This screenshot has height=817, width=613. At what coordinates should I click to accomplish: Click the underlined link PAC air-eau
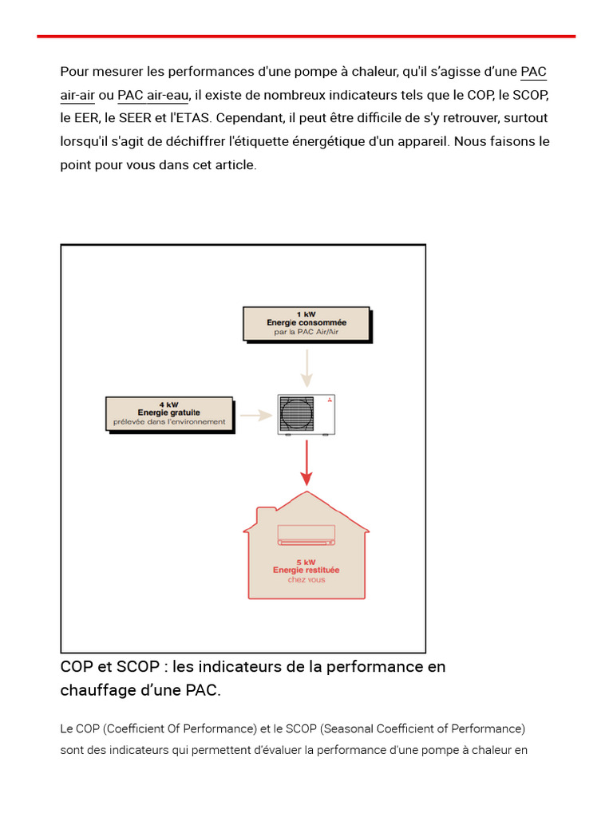(153, 96)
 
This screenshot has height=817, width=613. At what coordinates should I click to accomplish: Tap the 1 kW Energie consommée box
(306, 323)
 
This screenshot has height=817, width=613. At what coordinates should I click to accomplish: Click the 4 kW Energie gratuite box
(169, 413)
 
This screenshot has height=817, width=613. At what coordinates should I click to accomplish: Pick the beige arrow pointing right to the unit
(255, 415)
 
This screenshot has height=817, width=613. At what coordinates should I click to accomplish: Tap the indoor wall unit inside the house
(306, 535)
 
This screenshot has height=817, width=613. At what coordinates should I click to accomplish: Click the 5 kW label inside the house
(306, 562)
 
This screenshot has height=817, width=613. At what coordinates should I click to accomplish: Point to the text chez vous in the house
(306, 580)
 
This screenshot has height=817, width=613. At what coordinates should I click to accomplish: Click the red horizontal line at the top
(306, 36)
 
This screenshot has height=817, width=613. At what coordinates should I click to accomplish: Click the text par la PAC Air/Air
(306, 332)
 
